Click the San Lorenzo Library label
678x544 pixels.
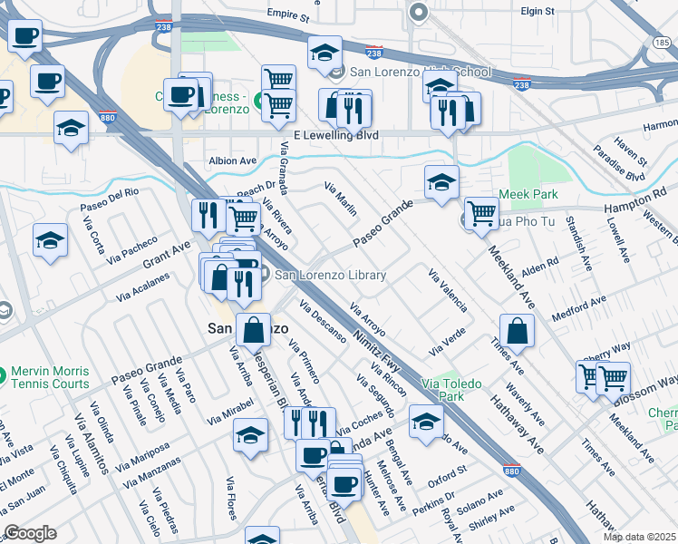tap(331, 276)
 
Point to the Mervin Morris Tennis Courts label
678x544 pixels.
tap(51, 379)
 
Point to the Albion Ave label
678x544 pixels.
tap(233, 160)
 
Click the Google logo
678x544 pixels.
tap(30, 533)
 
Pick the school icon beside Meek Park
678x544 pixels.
tap(441, 181)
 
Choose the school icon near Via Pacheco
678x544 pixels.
tap(51, 240)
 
